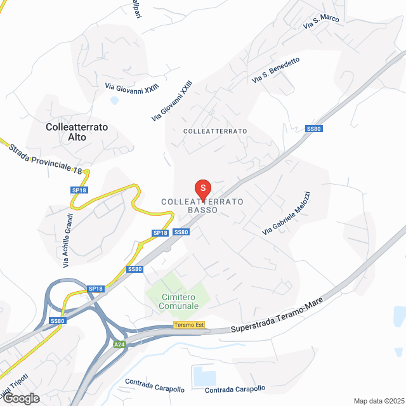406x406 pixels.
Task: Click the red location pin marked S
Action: [202, 189]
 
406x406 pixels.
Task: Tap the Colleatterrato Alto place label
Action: [77, 131]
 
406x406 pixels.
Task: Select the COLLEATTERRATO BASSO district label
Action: [202, 206]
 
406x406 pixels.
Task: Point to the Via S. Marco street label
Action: [321, 22]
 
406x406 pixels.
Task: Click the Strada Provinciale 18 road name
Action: [46, 159]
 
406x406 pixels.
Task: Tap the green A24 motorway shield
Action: [119, 344]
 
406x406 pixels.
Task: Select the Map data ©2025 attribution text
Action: [378, 401]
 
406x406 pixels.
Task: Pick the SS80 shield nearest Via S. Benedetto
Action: [314, 129]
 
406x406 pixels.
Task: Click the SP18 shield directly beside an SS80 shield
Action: [160, 233]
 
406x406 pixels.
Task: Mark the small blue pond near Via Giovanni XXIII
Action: [114, 100]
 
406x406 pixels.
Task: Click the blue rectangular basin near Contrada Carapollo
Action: [204, 376]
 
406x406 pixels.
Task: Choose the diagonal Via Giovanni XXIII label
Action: [172, 101]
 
